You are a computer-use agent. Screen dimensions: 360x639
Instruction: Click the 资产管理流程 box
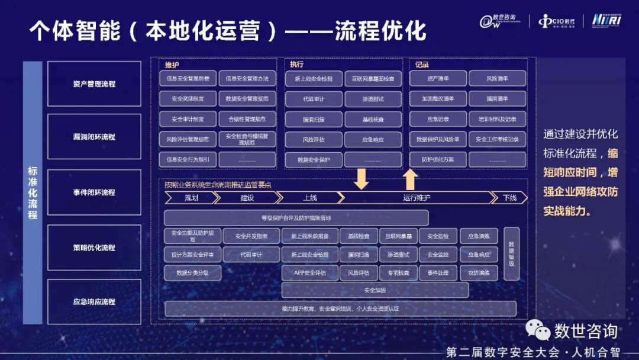point(94,84)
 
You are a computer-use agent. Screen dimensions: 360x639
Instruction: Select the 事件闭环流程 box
point(94,192)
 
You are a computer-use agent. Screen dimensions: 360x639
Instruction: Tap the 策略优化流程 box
point(94,247)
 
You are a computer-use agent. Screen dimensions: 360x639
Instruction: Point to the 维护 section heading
point(172,65)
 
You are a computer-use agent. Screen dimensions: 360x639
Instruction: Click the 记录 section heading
point(422,65)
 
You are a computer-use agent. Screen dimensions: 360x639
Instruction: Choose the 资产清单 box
point(438,78)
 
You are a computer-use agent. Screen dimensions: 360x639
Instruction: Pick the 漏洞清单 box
point(497,98)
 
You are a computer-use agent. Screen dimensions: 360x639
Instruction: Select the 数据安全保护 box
point(314,160)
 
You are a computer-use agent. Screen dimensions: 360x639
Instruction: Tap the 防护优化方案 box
point(438,160)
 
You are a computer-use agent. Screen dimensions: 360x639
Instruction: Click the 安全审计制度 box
point(188,119)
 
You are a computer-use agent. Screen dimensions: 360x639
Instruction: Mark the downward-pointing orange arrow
point(361,178)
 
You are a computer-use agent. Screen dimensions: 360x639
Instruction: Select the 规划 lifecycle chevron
point(191,198)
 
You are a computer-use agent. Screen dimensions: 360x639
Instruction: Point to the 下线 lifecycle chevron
point(509,198)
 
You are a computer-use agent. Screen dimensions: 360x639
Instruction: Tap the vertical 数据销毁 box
point(511,253)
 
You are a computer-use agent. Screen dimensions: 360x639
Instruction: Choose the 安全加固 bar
point(375,290)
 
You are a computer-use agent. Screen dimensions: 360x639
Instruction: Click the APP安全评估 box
point(310,273)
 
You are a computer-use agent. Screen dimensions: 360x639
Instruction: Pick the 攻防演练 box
point(479,273)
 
